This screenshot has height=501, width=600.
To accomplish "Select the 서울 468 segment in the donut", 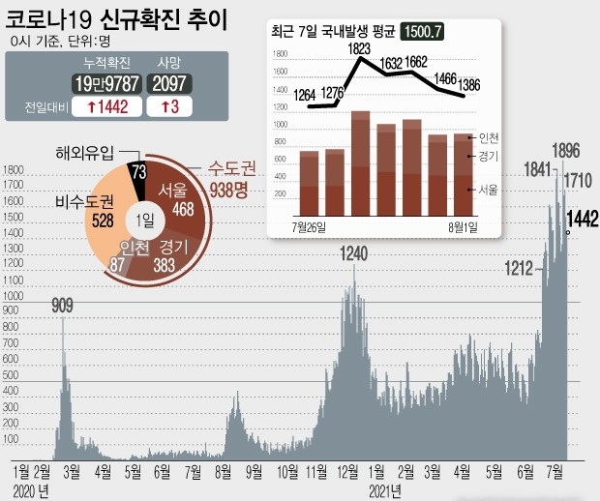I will pyautogui.click(x=183, y=197).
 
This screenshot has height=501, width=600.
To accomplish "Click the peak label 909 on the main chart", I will pyautogui.click(x=63, y=307).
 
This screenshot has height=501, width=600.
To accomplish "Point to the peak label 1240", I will pyautogui.click(x=354, y=254).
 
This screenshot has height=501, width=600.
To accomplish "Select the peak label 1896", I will pyautogui.click(x=565, y=151).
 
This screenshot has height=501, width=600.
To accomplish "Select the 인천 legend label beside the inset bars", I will pyautogui.click(x=489, y=138).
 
